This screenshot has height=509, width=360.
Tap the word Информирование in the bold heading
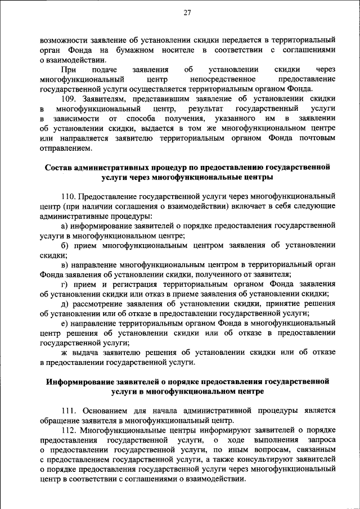click(x=81, y=381)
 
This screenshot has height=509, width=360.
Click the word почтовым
click(x=317, y=138)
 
